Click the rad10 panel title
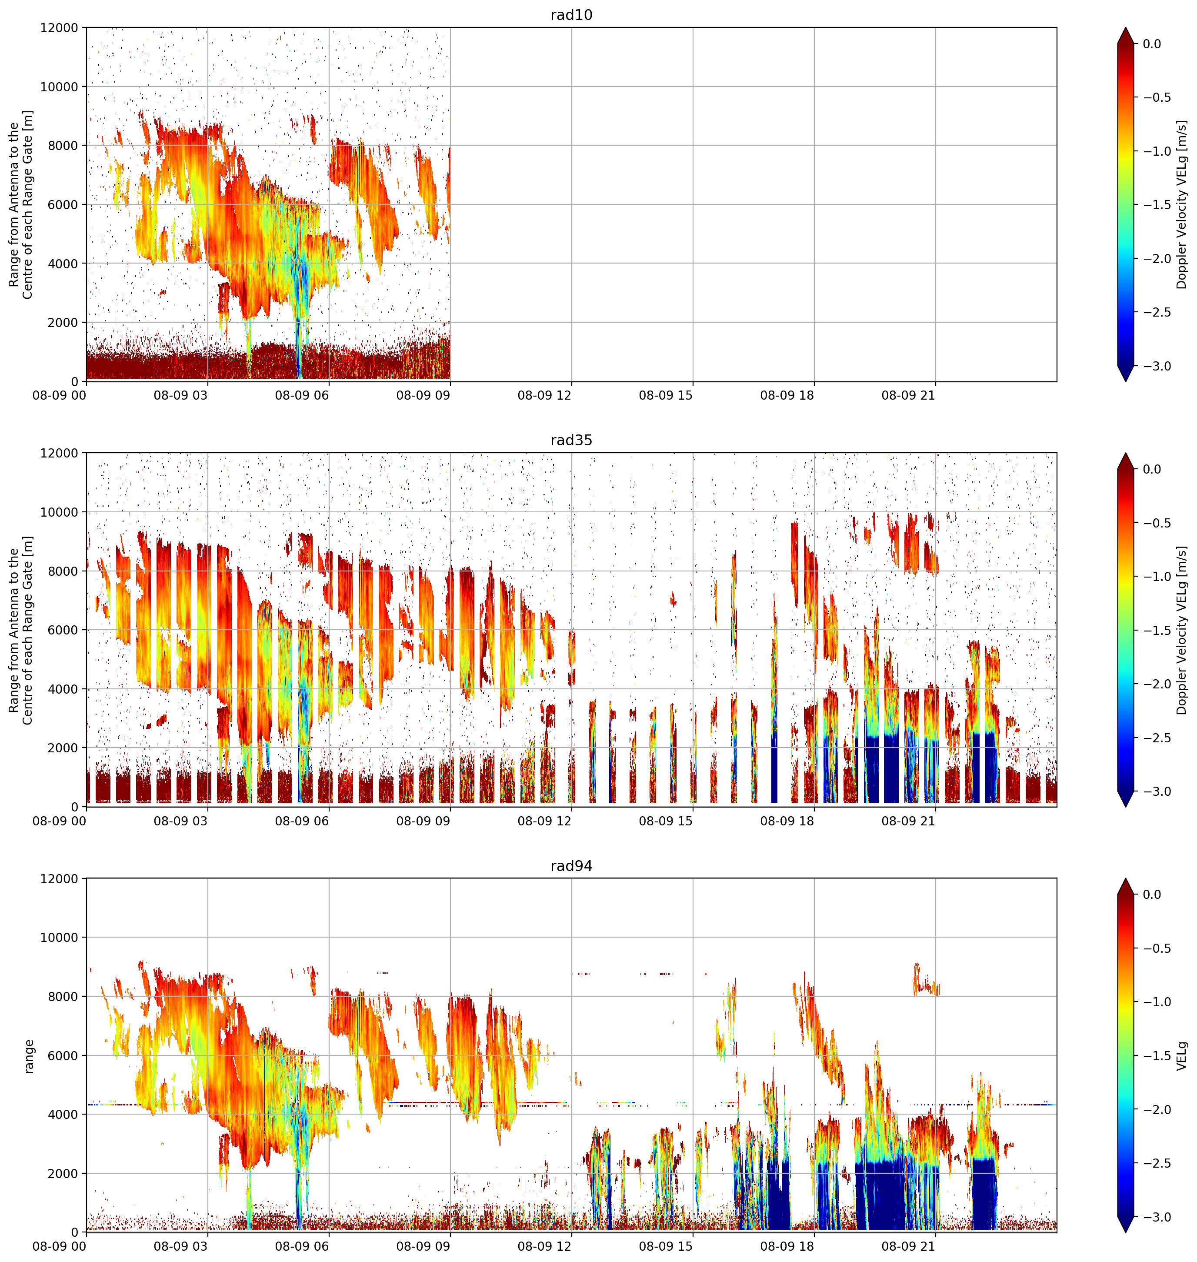pos(571,15)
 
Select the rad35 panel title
pos(571,440)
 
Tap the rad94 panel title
pos(571,866)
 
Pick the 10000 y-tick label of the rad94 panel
pos(59,937)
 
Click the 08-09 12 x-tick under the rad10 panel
pos(544,396)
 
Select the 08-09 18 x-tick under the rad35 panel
pos(787,821)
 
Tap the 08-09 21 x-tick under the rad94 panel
pos(908,1246)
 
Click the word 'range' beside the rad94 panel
pos(29,1056)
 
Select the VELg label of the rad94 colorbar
pos(1182,1056)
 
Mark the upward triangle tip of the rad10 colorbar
pos(1126,27)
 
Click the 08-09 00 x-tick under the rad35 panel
pos(59,821)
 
